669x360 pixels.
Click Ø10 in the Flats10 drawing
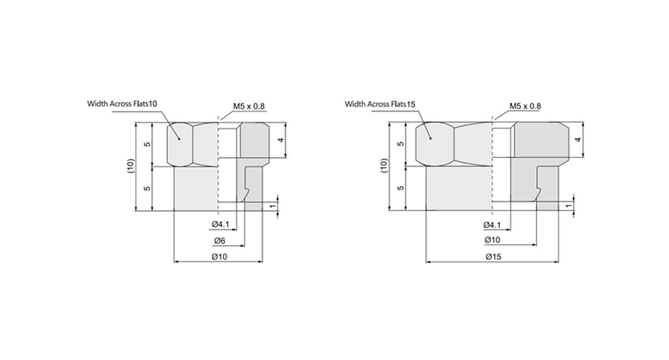coord(220,256)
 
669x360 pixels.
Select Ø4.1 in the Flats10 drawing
coord(220,225)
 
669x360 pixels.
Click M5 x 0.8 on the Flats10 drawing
coord(250,106)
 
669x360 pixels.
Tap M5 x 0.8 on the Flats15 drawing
coord(525,106)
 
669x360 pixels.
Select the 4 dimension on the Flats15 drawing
coord(578,139)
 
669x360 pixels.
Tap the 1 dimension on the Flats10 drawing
coord(273,206)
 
